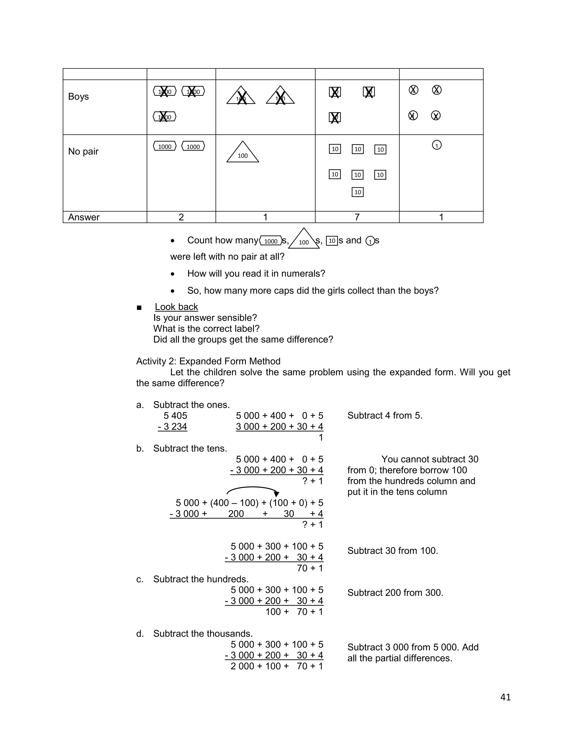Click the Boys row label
[78, 97]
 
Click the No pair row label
[83, 151]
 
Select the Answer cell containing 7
[357, 217]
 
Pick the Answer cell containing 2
[181, 217]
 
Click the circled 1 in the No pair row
[436, 145]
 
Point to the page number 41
[505, 697]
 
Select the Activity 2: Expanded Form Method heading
[208, 361]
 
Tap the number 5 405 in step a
[175, 415]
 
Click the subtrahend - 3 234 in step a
[172, 427]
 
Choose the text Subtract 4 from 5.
[384, 415]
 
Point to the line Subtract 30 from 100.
[392, 551]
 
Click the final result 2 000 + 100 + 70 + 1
[276, 666]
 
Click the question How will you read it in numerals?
[256, 274]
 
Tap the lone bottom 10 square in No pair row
[357, 192]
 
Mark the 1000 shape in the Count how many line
[271, 241]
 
